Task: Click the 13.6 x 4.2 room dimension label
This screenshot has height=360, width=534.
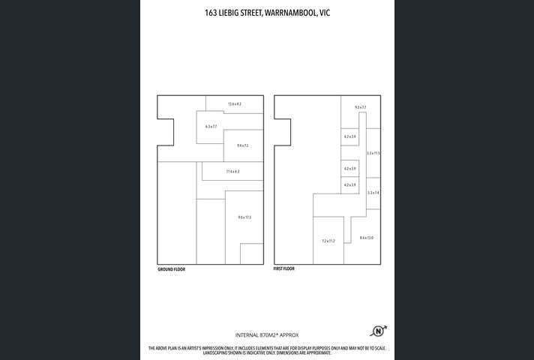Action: pos(234,103)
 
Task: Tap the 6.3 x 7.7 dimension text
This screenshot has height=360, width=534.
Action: pos(211,127)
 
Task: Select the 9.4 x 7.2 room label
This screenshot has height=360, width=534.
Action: pos(242,145)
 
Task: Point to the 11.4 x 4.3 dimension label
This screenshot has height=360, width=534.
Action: pos(232,172)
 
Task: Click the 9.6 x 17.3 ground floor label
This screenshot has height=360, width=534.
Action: pos(244,217)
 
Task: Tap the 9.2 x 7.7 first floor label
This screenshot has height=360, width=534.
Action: pos(360,107)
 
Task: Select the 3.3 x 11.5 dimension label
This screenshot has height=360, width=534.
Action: pos(373,153)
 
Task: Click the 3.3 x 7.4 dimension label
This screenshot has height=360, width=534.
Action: pos(373,193)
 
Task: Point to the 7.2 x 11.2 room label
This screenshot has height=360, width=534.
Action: pos(328,241)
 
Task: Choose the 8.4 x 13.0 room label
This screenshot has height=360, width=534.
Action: pos(366,238)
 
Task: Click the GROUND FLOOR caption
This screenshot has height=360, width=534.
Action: pos(171,269)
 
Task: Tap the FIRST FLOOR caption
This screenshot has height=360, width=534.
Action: pos(284,268)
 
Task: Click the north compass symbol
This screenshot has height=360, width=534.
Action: pos(377,331)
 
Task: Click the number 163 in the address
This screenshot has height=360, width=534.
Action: pos(211,12)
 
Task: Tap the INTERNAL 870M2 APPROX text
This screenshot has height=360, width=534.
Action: pos(267,335)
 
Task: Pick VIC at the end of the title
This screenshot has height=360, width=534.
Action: pos(325,12)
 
